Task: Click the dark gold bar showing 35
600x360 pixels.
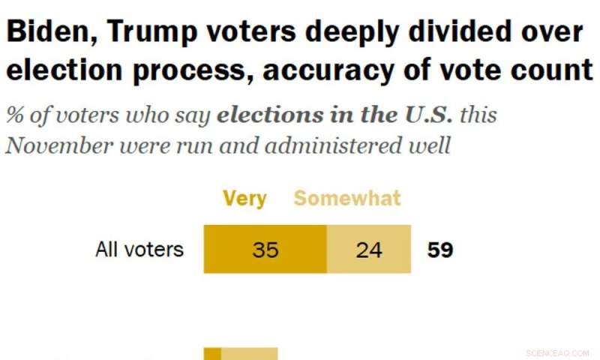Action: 265,249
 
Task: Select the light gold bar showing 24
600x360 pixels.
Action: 369,249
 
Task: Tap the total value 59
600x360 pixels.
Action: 440,249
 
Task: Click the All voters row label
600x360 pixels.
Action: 139,249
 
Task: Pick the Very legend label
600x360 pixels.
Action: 244,198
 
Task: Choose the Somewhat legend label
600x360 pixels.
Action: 347,198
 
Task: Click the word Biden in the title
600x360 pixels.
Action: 49,32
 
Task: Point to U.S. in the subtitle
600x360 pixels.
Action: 428,116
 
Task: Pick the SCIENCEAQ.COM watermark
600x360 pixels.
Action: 557,352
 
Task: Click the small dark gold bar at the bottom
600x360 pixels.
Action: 212,354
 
